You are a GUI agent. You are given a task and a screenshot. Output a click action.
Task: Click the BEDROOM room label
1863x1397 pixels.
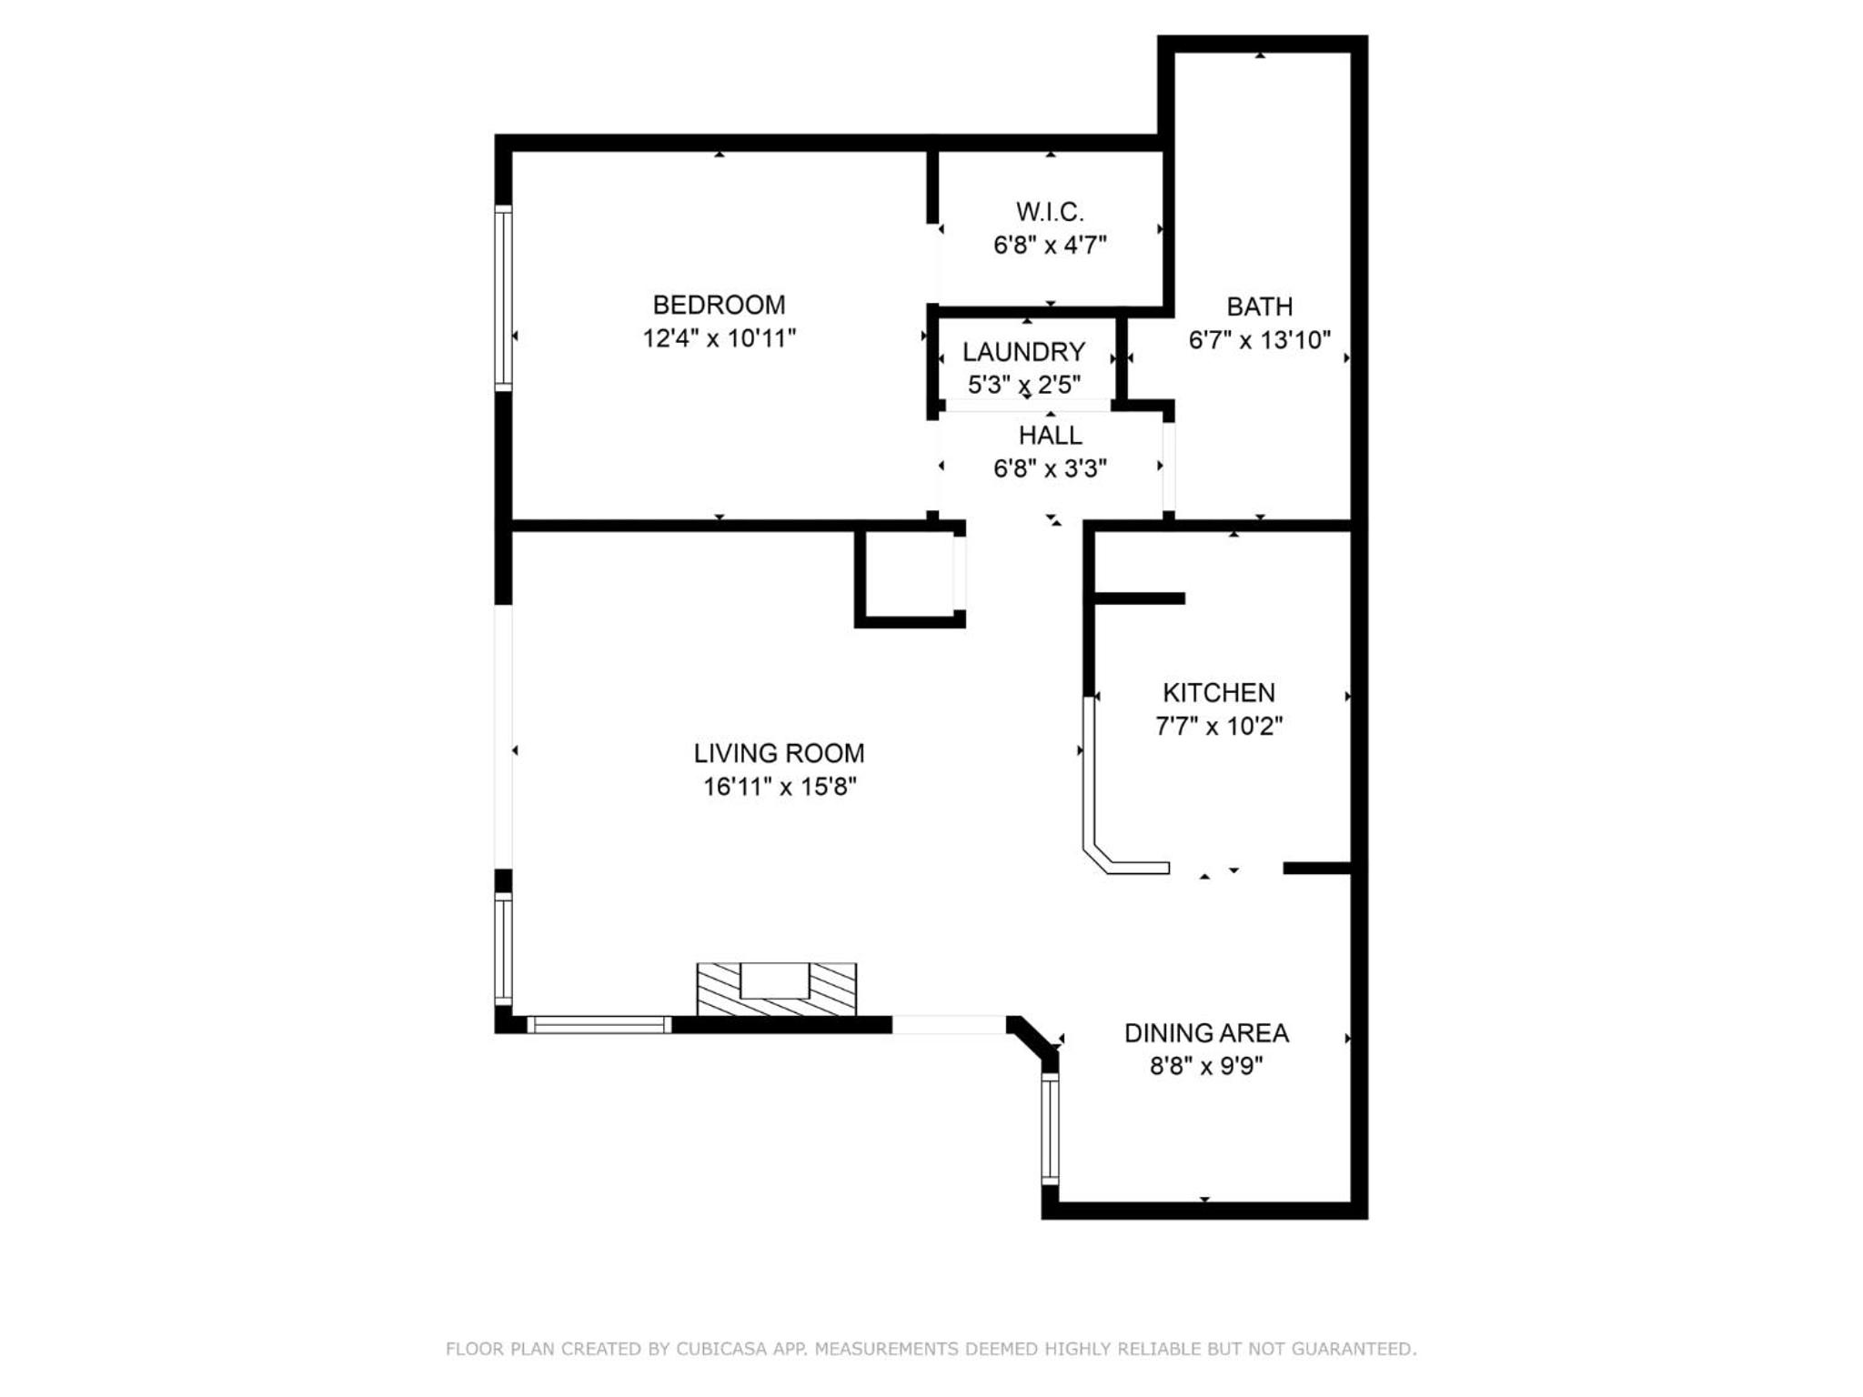pyautogui.click(x=719, y=305)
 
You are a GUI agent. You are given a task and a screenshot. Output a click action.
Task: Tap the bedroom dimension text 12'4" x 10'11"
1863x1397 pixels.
pyautogui.click(x=719, y=338)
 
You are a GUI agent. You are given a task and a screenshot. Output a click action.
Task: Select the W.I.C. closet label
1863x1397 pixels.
pyautogui.click(x=1050, y=212)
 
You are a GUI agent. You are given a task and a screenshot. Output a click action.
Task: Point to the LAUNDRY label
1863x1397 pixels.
pyautogui.click(x=1023, y=352)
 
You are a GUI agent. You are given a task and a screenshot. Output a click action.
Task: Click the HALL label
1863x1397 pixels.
pyautogui.click(x=1050, y=435)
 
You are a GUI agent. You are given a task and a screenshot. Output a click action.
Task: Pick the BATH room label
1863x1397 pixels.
pyautogui.click(x=1259, y=307)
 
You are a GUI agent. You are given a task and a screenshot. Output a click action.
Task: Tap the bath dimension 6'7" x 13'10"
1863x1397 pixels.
pyautogui.click(x=1259, y=340)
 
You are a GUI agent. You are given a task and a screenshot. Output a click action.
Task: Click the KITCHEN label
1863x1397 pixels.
pyautogui.click(x=1219, y=693)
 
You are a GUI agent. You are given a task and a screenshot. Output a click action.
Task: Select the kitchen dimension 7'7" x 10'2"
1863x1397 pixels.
pyautogui.click(x=1219, y=726)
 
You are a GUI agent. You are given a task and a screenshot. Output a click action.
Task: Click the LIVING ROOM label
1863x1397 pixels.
pyautogui.click(x=779, y=753)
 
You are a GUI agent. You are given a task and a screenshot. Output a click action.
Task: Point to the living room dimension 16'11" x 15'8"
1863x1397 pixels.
pyautogui.click(x=779, y=787)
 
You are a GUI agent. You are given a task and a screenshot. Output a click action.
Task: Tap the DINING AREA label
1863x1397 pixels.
pyautogui.click(x=1206, y=1033)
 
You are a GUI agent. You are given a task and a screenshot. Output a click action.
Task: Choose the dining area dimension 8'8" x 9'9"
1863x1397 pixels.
pyautogui.click(x=1206, y=1066)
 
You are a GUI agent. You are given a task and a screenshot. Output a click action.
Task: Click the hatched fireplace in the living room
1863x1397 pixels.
pyautogui.click(x=776, y=990)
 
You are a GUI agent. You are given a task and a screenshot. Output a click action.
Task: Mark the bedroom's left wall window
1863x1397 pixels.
pyautogui.click(x=503, y=298)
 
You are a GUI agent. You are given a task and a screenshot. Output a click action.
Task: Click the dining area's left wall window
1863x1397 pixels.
pyautogui.click(x=1050, y=1129)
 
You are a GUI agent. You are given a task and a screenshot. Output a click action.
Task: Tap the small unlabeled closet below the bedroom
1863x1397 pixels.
pyautogui.click(x=910, y=577)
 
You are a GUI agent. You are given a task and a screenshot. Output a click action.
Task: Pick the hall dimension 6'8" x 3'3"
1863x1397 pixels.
pyautogui.click(x=1050, y=468)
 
